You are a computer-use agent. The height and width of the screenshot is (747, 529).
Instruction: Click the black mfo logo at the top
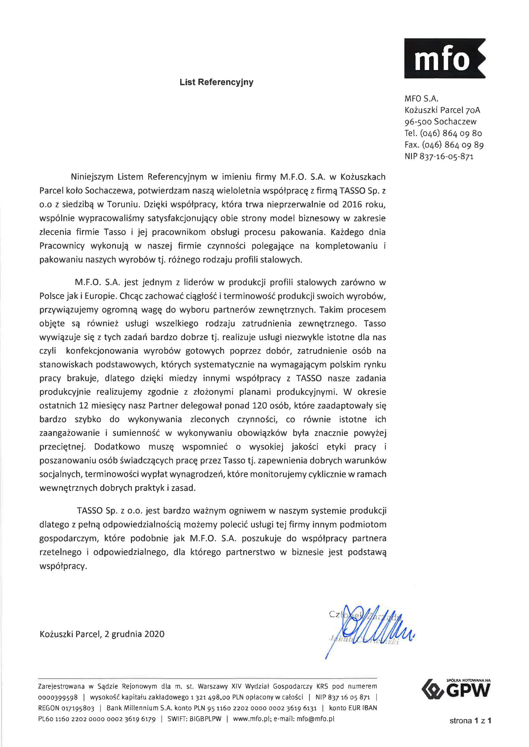(445, 58)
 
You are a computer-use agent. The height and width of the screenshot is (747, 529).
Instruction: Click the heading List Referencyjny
(216, 82)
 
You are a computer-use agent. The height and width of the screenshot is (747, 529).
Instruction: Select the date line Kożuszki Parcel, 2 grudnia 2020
(102, 634)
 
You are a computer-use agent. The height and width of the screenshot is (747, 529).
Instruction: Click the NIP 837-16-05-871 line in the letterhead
(439, 157)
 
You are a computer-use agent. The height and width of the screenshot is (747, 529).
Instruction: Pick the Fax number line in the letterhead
(444, 145)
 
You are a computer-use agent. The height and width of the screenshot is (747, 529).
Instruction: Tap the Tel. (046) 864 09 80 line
(443, 133)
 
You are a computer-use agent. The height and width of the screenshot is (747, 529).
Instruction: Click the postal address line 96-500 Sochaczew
(440, 122)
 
